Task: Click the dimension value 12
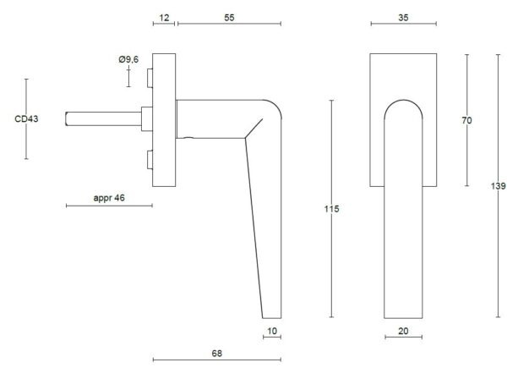click(x=164, y=18)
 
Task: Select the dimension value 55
click(x=229, y=18)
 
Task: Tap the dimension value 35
click(x=403, y=18)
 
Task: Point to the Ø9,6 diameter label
click(x=128, y=59)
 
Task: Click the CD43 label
click(x=26, y=118)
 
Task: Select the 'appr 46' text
click(x=109, y=198)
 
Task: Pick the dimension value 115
click(x=332, y=209)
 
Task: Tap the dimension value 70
click(x=466, y=120)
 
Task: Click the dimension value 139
click(x=499, y=186)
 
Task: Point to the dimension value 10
click(x=272, y=331)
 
